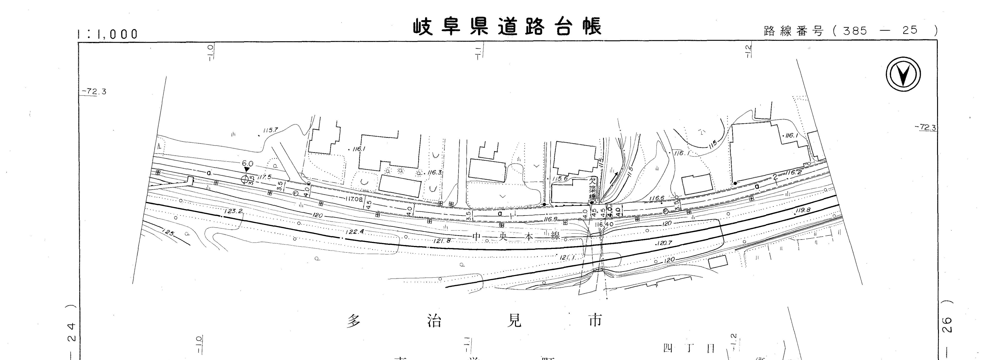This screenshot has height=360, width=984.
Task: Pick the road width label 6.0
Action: point(247,164)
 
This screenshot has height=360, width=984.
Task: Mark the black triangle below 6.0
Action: point(247,169)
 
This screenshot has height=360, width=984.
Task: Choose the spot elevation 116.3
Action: point(435,172)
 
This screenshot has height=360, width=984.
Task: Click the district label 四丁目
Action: point(688,349)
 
